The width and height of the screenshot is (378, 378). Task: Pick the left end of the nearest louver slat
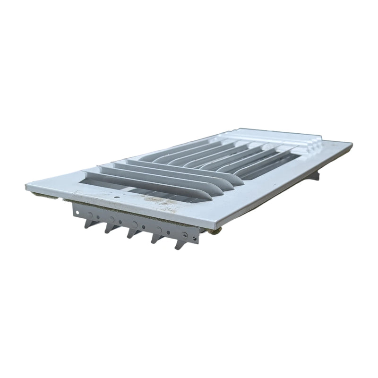click(x=87, y=174)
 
